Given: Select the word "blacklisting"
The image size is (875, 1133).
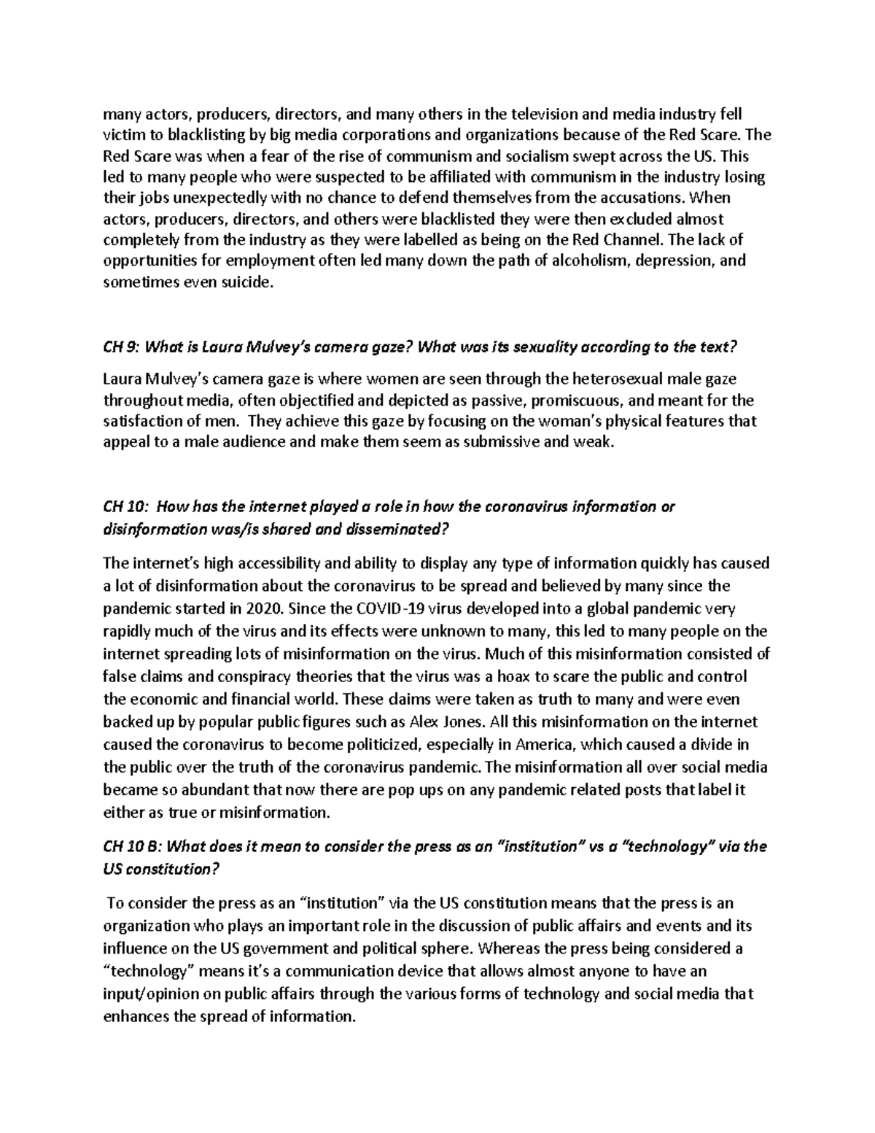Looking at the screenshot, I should (188, 135).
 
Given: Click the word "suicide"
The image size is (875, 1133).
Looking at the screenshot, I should (241, 282).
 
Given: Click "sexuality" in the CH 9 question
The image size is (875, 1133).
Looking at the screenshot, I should (542, 347).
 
